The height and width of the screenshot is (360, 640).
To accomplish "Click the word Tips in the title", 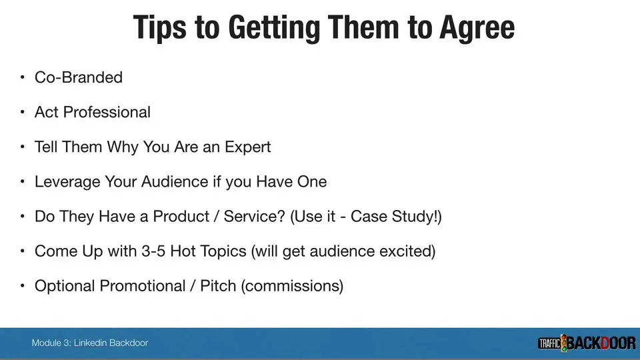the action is tap(160, 27).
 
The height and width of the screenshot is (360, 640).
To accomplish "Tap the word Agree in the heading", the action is tap(477, 28).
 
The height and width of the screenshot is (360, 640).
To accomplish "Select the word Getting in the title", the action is tap(274, 28).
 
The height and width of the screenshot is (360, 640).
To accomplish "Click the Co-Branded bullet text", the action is tap(79, 77).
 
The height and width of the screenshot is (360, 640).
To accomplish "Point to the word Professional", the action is tap(107, 112).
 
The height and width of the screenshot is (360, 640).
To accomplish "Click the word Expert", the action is tap(248, 147).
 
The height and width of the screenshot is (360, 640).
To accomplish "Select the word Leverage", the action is tap(67, 182).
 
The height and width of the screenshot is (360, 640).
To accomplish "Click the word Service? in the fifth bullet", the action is tap(254, 216).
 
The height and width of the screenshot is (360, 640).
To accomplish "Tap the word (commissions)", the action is tap(292, 286).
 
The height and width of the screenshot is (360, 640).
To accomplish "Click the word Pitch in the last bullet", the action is tap(218, 286).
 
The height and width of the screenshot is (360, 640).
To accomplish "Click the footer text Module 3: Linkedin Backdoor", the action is tap(90, 343).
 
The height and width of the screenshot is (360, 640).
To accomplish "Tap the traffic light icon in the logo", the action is tap(564, 343).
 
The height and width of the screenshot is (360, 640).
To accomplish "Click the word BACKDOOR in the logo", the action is tap(601, 343).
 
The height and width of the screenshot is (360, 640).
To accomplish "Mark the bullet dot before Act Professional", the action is tap(23, 112).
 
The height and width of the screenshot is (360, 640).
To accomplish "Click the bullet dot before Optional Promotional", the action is tap(23, 286).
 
